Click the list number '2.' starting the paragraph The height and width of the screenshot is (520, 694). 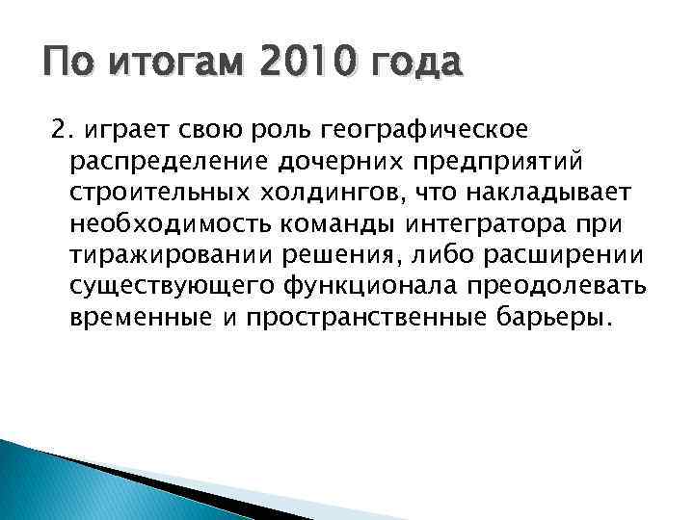pyautogui.click(x=60, y=129)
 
